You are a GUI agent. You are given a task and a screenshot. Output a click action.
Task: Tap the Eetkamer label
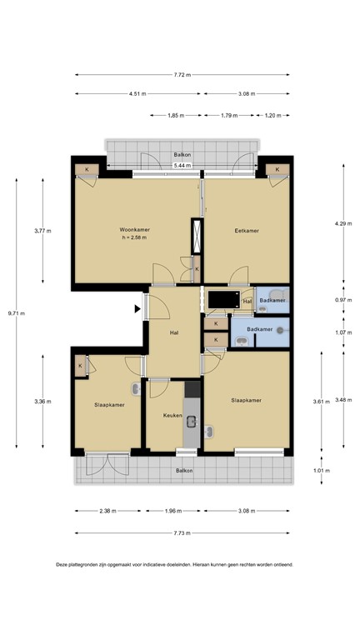pos(246,229)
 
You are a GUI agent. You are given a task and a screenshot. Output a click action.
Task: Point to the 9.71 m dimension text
pos(17,313)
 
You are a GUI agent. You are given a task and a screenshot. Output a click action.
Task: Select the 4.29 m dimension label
pos(342,223)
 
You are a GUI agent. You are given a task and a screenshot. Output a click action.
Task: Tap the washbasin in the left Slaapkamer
pos(135,389)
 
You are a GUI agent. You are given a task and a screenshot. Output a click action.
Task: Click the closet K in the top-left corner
pos(85,171)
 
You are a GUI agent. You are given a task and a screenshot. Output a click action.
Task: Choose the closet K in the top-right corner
pos(277,171)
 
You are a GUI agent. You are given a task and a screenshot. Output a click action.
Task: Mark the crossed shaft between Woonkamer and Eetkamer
pos(197,235)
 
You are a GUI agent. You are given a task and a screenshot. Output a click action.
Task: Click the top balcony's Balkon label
pos(182,155)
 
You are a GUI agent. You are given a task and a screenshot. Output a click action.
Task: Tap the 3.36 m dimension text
pos(41,402)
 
